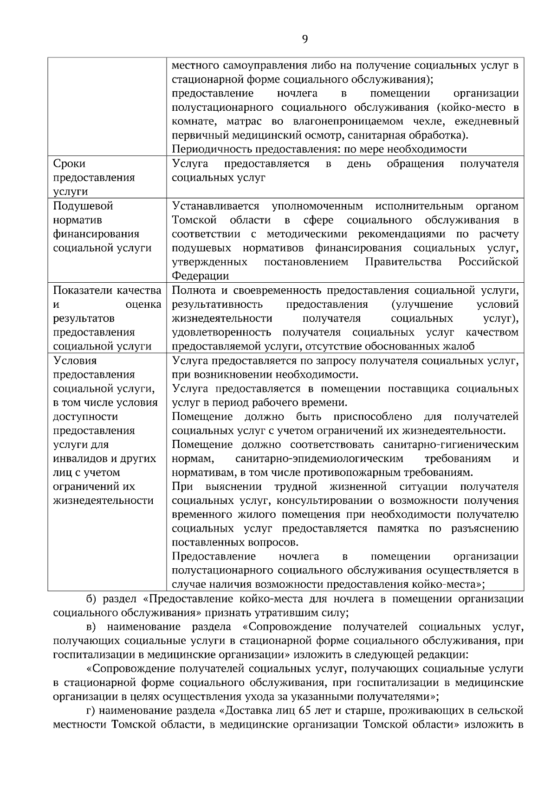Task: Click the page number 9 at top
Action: [304, 39]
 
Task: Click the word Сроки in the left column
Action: [69, 164]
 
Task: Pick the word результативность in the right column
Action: [217, 305]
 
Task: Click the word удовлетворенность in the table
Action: [221, 332]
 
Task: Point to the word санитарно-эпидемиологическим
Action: [319, 458]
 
